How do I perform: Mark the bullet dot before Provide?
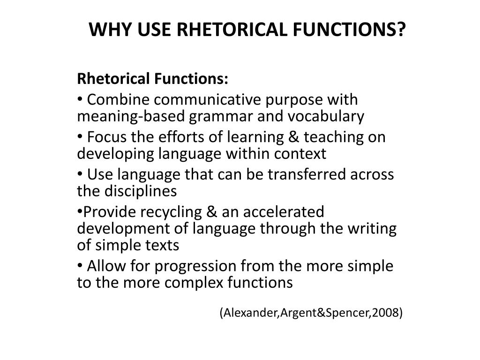coord(79,212)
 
